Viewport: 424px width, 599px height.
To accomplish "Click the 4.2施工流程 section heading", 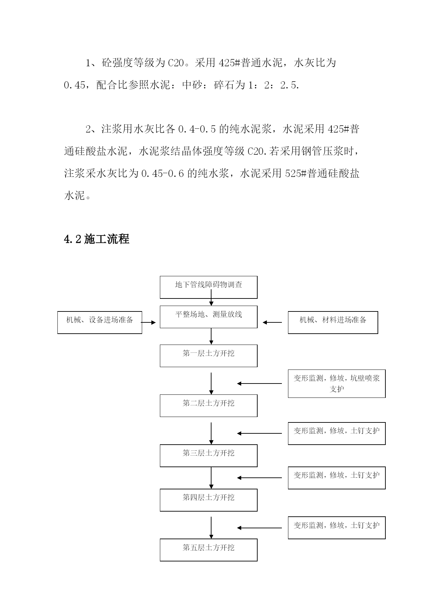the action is [x=97, y=239].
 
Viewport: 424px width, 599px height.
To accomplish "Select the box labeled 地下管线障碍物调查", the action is [x=208, y=287].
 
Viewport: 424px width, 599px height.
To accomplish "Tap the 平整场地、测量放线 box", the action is [x=208, y=317].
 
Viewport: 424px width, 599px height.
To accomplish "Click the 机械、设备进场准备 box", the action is [x=99, y=322].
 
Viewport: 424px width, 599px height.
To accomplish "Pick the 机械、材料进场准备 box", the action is [x=333, y=322].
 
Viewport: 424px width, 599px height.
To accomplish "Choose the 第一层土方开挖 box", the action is [x=208, y=356].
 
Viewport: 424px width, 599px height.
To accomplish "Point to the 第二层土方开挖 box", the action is [x=208, y=406].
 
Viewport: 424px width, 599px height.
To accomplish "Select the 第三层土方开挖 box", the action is [x=208, y=456].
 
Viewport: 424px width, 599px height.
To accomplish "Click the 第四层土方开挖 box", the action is [x=208, y=500].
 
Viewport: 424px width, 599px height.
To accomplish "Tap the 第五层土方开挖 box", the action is [x=208, y=550].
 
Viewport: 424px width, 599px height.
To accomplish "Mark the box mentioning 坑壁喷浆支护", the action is [x=337, y=384].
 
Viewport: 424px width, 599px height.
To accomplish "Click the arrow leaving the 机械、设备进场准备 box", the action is [x=149, y=322].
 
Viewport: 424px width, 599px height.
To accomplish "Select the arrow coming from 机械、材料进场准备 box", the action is [x=272, y=322].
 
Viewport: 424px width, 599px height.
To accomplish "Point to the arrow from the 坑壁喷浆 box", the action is [x=260, y=384].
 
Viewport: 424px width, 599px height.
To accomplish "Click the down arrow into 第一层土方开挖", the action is [x=211, y=336].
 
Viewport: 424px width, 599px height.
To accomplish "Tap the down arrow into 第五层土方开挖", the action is [x=211, y=528].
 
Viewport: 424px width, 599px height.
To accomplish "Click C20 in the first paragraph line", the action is [x=176, y=63].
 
